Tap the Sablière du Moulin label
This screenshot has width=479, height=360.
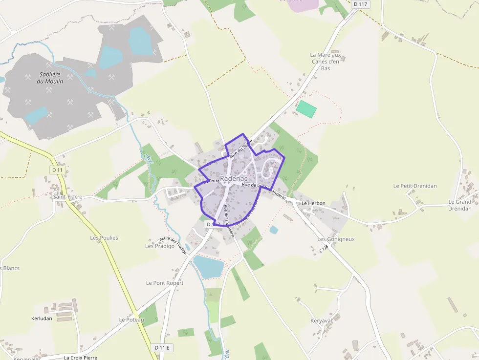point(50,78)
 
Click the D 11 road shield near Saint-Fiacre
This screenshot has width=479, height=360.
point(57,169)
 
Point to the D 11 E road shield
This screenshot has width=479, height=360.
point(163,347)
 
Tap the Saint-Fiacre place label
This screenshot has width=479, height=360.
point(68,197)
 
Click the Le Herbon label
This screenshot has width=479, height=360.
point(313,203)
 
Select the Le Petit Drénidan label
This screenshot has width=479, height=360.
point(415,186)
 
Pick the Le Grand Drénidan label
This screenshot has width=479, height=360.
point(460,205)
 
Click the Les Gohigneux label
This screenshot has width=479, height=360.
point(336,239)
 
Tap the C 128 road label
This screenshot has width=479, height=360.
point(323,249)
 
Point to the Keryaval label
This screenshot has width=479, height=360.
point(321,320)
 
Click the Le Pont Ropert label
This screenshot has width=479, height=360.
point(165,283)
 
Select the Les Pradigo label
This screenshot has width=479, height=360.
point(160,246)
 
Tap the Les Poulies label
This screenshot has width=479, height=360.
point(104,238)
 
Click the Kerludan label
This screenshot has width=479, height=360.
point(42,318)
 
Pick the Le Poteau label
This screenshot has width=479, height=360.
point(131,319)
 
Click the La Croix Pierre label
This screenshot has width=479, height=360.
point(81,358)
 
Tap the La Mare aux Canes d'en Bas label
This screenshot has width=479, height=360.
point(326,62)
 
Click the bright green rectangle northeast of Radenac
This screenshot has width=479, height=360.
point(307,108)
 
